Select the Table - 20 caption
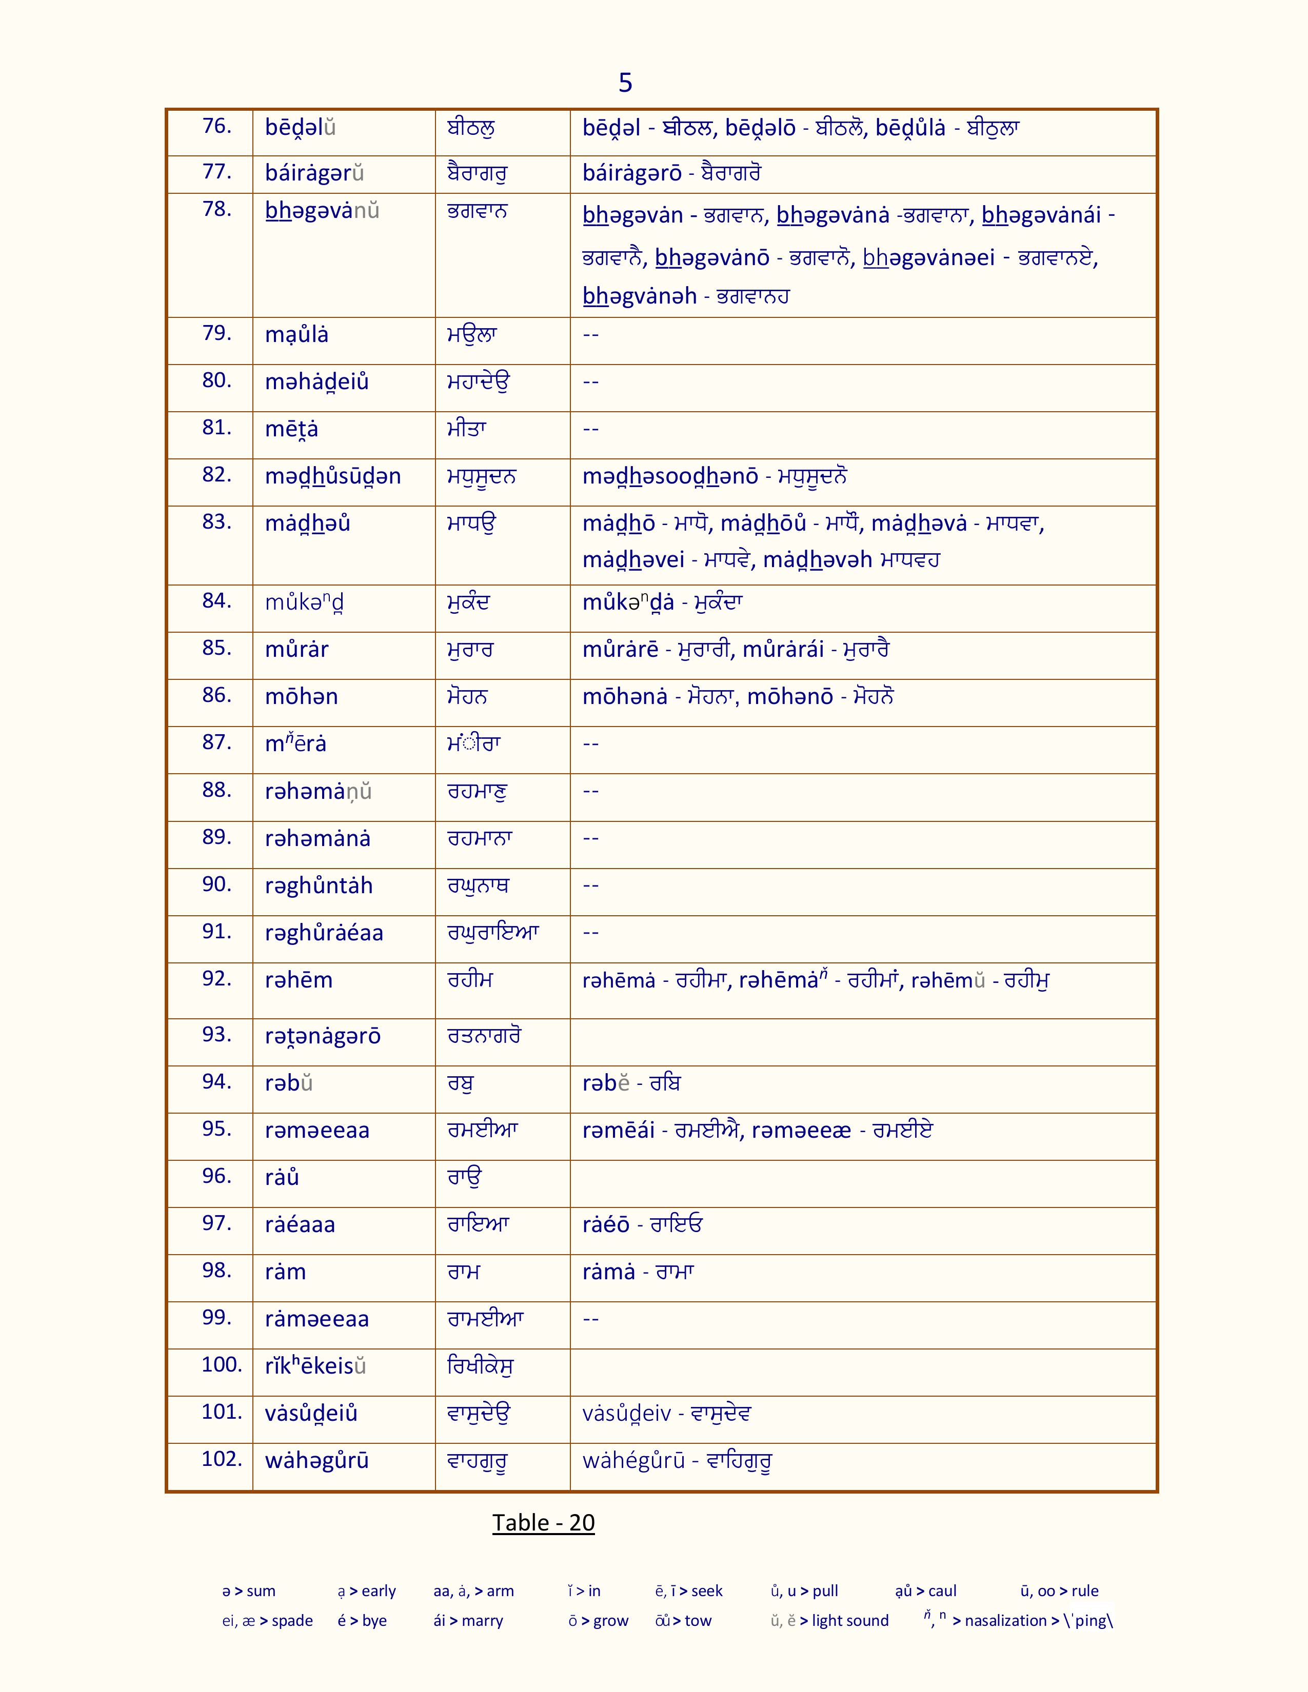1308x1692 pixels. click(x=543, y=1522)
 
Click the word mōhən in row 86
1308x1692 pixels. click(x=302, y=696)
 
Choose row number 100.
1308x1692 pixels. click(x=222, y=1364)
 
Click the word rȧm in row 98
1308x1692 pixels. click(x=285, y=1272)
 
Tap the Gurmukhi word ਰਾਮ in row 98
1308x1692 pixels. click(x=464, y=1272)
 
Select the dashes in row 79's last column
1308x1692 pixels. click(x=590, y=335)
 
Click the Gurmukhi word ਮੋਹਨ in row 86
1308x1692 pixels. click(x=467, y=696)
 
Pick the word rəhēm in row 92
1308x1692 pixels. click(x=299, y=980)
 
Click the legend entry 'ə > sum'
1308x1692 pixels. click(x=249, y=1590)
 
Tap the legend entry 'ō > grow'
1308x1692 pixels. click(x=598, y=1621)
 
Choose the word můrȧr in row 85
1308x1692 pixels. click(x=297, y=649)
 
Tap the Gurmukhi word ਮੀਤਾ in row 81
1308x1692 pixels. click(x=466, y=429)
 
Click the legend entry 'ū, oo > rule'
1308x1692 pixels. click(x=1059, y=1590)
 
